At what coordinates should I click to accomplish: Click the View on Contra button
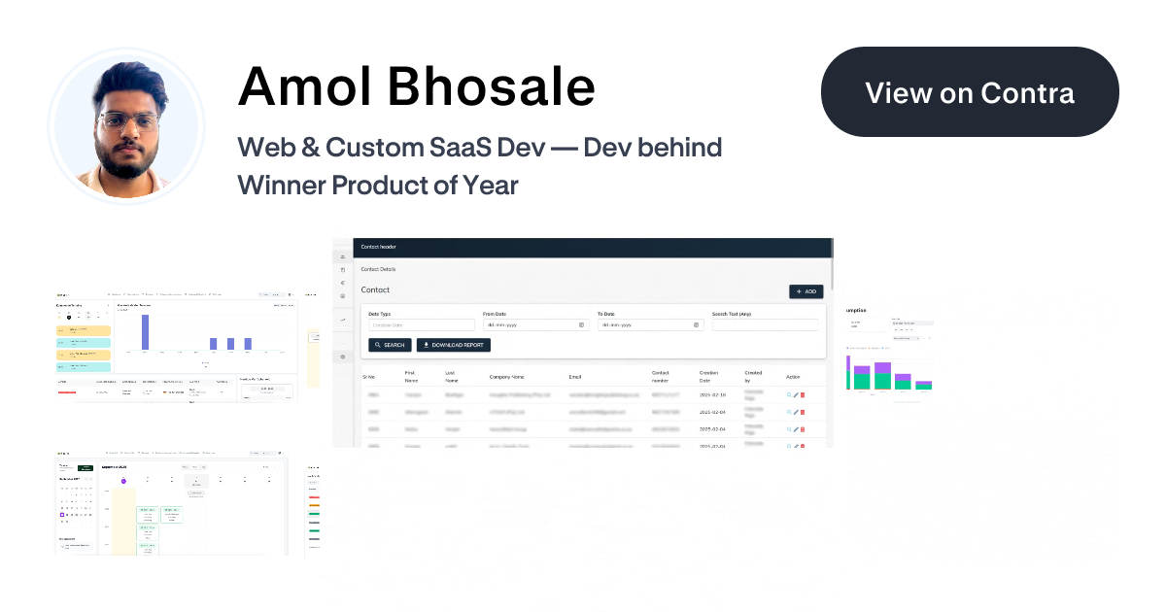(x=970, y=92)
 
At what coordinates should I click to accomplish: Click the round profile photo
(x=126, y=126)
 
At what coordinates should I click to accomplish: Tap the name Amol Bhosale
(x=416, y=86)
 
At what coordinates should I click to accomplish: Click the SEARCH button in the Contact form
(x=390, y=345)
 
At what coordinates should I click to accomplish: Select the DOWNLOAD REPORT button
(x=454, y=345)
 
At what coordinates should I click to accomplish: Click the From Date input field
(x=534, y=324)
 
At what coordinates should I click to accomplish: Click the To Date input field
(x=649, y=324)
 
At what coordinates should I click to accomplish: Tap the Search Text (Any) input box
(x=765, y=324)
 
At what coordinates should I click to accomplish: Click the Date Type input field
(x=421, y=324)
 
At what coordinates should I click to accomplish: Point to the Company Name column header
(x=507, y=376)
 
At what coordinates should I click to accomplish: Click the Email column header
(x=574, y=376)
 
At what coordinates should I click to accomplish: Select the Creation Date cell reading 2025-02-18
(x=712, y=395)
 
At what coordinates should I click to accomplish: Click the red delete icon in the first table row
(x=803, y=395)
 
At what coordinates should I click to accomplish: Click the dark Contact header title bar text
(x=378, y=247)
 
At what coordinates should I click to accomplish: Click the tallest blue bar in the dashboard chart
(x=145, y=330)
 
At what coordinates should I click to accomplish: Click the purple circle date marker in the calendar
(x=123, y=481)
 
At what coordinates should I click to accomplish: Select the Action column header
(x=794, y=376)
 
